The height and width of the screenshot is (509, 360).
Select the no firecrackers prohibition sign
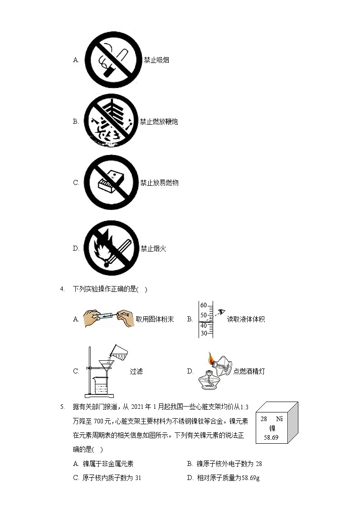coord(111,121)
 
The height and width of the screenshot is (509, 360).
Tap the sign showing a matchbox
coord(112,183)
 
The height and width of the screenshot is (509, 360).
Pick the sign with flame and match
coord(112,248)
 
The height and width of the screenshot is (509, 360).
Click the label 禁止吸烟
coord(156,60)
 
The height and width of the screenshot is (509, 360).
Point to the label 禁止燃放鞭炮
coord(159,121)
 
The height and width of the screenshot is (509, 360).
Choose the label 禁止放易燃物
coord(159,183)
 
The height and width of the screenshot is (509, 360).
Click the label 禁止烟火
coord(153,248)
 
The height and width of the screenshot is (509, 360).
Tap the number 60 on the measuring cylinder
coord(204,305)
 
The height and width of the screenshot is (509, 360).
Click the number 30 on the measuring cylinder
coord(204,333)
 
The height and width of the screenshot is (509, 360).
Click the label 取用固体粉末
coord(155,319)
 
